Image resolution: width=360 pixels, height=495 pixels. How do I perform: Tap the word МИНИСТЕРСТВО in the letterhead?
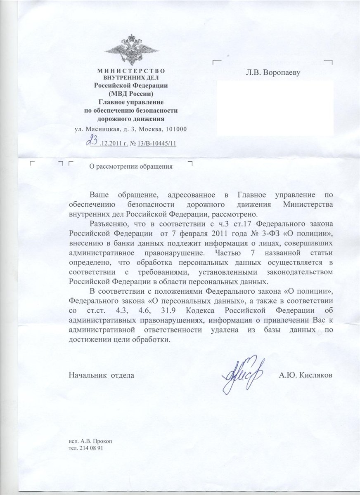[x=130, y=71]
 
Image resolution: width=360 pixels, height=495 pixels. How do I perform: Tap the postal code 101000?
[x=174, y=129]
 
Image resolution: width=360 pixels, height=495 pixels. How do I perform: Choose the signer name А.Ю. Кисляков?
[x=306, y=375]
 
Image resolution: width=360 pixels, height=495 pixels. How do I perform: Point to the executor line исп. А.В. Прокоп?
[x=91, y=441]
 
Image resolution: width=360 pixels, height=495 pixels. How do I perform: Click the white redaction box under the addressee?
[x=275, y=108]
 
